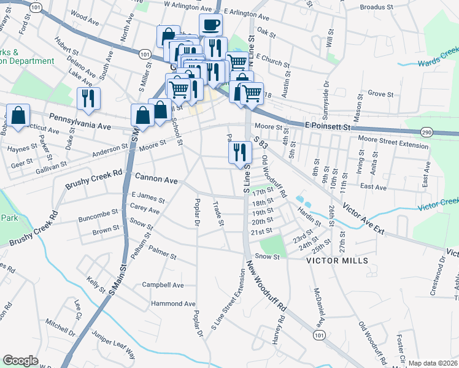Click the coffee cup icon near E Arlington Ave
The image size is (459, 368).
tap(210, 25)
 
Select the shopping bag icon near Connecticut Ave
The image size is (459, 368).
tap(18, 115)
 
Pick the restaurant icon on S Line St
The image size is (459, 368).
tap(239, 152)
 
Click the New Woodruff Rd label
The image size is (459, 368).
tap(266, 285)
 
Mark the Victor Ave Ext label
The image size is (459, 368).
tap(363, 218)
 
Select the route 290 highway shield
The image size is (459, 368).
tap(427, 132)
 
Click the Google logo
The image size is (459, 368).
tap(20, 361)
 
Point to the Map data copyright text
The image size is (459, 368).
tap(433, 363)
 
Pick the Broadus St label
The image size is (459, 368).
tap(374, 7)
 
